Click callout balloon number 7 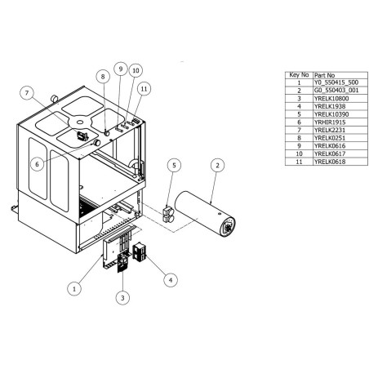(x=28, y=93)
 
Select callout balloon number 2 (x=217, y=165)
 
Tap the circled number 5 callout (x=173, y=165)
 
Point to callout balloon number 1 (x=74, y=287)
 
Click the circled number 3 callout (x=122, y=299)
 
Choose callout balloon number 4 (x=170, y=279)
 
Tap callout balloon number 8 (x=103, y=76)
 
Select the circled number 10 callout (x=136, y=71)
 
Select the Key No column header (x=298, y=74)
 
